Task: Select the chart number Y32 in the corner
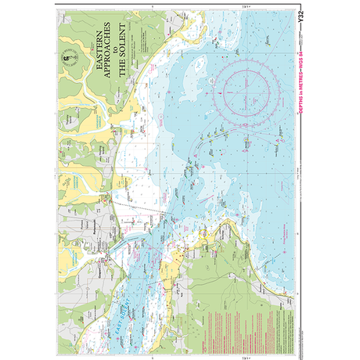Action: click(301, 15)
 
